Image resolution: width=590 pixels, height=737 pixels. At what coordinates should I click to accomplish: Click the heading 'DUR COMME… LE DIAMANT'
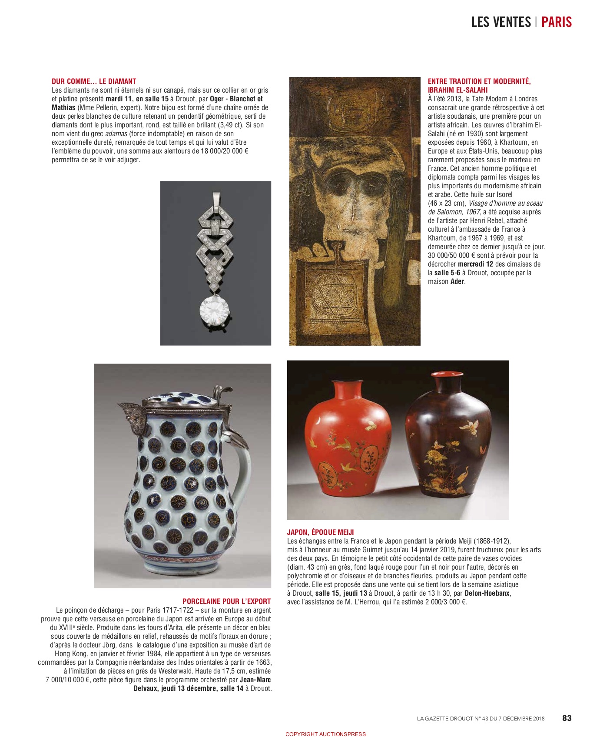pyautogui.click(x=94, y=81)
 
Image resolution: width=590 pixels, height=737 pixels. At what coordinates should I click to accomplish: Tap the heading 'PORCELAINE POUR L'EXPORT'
pyautogui.click(x=226, y=601)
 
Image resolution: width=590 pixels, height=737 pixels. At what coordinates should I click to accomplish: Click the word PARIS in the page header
pyautogui.click(x=557, y=22)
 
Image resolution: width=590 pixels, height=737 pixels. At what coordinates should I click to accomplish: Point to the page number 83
pyautogui.click(x=567, y=718)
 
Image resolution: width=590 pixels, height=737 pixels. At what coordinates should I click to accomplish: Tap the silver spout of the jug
pyautogui.click(x=129, y=411)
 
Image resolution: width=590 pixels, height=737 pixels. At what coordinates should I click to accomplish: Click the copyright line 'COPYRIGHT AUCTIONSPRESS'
pyautogui.click(x=325, y=734)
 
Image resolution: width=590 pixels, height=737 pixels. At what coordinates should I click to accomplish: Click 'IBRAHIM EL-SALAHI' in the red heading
pyautogui.click(x=457, y=90)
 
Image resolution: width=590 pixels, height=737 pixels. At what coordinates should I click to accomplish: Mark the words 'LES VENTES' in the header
pyautogui.click(x=501, y=22)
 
